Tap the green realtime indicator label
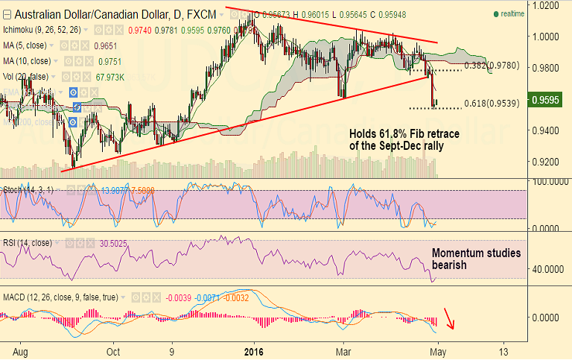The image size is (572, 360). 512,14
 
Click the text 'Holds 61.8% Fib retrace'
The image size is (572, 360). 404,133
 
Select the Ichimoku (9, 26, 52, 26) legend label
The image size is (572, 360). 42,30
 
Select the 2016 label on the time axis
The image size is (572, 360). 254,351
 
